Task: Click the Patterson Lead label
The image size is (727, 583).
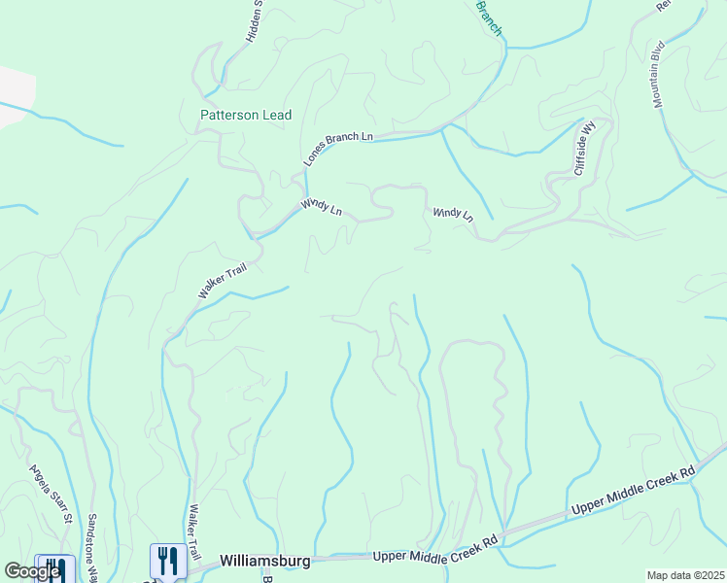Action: tap(246, 115)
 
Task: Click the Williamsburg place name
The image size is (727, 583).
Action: tap(264, 561)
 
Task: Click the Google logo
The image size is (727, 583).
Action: tap(32, 571)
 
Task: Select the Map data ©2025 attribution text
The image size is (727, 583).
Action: tap(684, 575)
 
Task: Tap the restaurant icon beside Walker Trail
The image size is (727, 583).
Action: tap(168, 561)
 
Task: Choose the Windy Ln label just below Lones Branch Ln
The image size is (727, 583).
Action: tap(322, 206)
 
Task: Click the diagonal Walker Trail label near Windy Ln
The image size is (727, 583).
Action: tap(224, 279)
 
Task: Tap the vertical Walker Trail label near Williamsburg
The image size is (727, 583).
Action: tap(194, 531)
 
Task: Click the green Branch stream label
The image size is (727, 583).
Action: tap(489, 18)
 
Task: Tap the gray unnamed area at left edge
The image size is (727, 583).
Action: tap(14, 95)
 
